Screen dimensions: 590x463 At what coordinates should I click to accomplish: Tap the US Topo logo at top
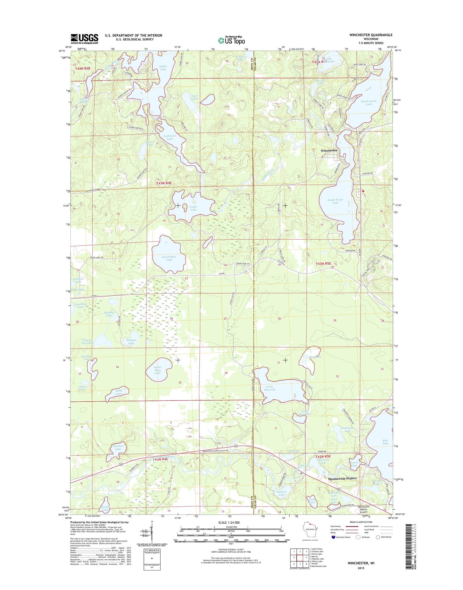[231, 40]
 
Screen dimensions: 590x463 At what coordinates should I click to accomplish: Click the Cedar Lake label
[193, 208]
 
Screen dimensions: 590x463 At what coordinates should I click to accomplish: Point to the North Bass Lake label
[169, 258]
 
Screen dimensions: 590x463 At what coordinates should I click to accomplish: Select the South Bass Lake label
[157, 370]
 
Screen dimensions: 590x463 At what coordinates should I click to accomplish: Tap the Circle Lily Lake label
[270, 388]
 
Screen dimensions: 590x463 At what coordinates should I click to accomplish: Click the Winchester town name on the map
[329, 150]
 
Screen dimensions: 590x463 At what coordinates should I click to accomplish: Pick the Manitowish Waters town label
[342, 478]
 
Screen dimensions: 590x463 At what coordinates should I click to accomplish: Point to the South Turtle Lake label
[335, 201]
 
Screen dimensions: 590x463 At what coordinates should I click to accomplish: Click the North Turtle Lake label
[369, 102]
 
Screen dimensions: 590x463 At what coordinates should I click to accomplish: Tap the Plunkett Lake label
[118, 447]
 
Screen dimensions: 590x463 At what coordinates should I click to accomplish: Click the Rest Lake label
[385, 442]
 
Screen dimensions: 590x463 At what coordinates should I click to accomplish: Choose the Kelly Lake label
[119, 392]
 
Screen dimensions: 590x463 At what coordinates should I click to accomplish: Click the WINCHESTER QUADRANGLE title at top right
[371, 35]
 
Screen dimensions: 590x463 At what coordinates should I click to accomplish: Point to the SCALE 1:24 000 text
[228, 523]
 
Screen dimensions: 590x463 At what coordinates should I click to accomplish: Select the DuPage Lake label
[131, 342]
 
